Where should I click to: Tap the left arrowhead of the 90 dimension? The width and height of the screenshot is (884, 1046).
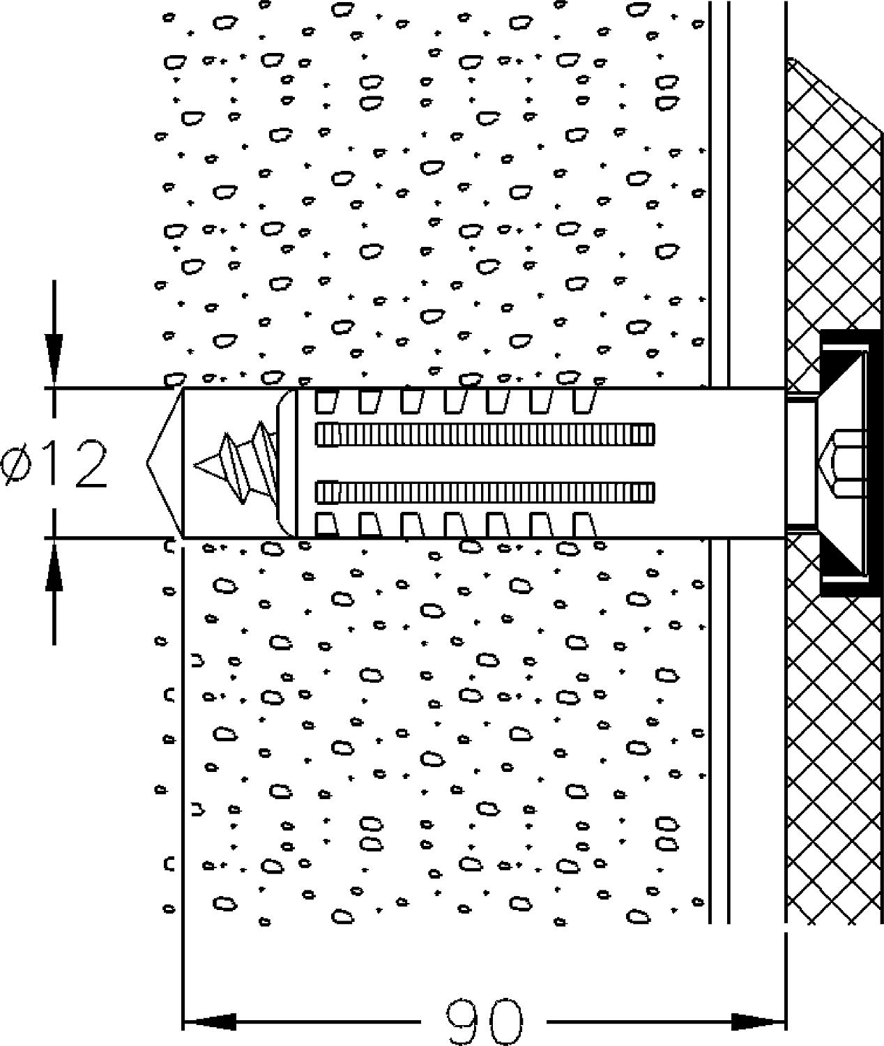tap(209, 1022)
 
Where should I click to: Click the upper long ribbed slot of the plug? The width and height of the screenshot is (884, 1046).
tap(485, 434)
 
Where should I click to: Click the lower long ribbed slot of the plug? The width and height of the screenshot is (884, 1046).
tap(485, 492)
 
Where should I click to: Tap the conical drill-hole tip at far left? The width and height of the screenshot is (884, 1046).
tap(164, 462)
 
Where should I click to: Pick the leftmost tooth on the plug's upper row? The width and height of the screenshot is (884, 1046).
tap(326, 401)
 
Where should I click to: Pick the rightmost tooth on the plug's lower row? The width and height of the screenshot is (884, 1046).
tap(584, 524)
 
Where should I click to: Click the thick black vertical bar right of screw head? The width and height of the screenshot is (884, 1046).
tap(874, 464)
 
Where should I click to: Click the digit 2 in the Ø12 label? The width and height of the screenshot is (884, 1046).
tap(91, 464)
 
